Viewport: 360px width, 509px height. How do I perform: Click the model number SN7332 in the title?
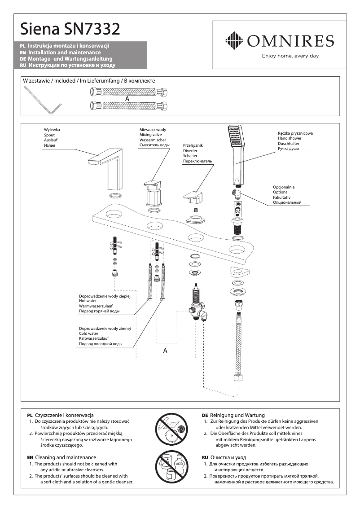pos(92,29)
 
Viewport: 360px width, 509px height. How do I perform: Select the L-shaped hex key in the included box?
pos(43,101)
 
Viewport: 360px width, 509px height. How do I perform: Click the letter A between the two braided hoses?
pos(127,98)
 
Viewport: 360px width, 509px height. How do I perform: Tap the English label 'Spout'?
pos(49,135)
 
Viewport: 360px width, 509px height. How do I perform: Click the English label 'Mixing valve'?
pos(152,135)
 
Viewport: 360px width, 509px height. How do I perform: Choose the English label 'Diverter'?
pos(190,151)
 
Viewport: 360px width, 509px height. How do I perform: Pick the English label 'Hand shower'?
pos(290,139)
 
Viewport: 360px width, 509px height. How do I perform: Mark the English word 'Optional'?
pos(281,192)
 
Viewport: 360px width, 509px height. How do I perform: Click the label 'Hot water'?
pos(88,301)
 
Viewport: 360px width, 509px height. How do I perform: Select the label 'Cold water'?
pos(89,333)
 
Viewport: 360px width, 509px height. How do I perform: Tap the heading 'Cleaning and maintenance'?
pos(62,457)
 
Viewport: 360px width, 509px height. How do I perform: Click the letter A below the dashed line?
pos(165,350)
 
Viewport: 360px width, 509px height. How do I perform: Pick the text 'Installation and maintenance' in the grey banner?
pos(65,53)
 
